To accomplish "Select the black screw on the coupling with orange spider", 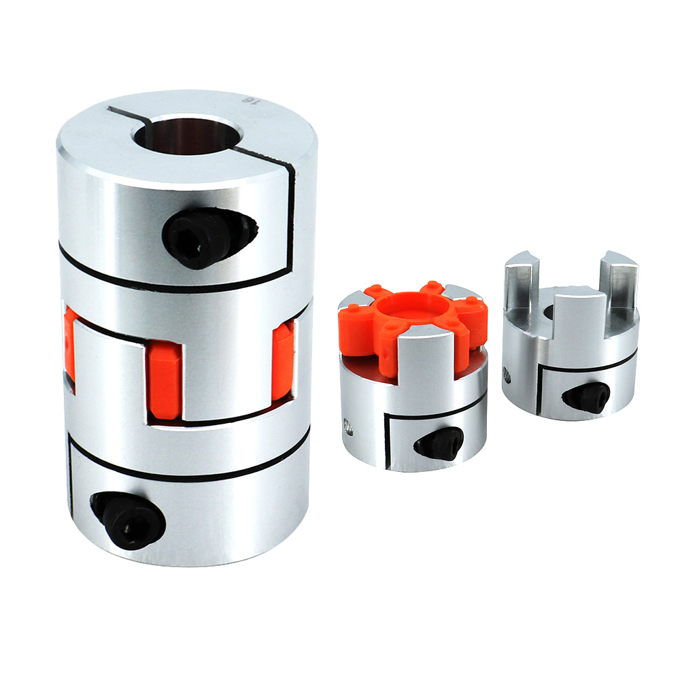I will (x=439, y=443).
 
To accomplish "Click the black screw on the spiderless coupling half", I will (x=585, y=396).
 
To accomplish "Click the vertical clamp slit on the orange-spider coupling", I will (x=386, y=442).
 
